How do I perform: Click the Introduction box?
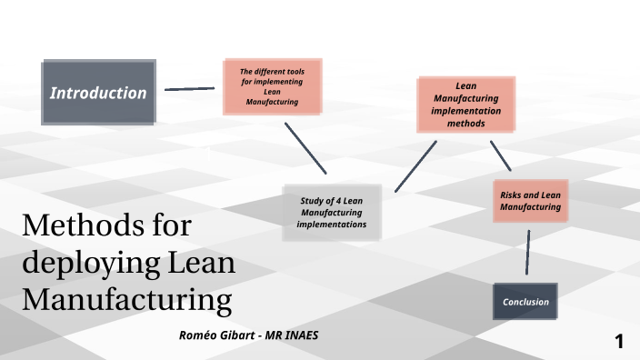click(98, 93)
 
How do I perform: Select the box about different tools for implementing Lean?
click(273, 86)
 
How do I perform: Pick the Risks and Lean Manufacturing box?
click(530, 201)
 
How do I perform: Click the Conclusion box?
click(525, 301)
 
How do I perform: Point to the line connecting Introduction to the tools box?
click(189, 89)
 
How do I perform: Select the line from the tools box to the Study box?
click(305, 147)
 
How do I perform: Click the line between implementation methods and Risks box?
click(501, 155)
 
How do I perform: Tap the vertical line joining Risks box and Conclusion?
click(527, 252)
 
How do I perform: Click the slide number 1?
click(619, 342)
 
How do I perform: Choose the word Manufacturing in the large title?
click(122, 298)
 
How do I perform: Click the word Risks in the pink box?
click(512, 195)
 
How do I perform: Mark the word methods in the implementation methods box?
click(466, 124)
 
